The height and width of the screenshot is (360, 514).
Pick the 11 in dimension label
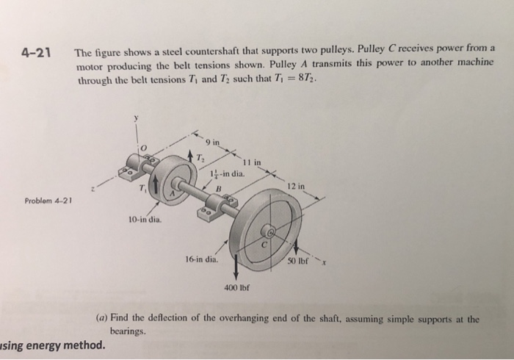(x=253, y=162)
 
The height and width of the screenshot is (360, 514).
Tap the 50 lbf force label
(x=302, y=263)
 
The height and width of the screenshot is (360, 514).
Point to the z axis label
(x=91, y=188)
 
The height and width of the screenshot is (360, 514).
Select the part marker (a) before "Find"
(x=104, y=319)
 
